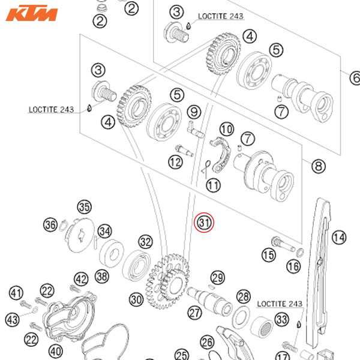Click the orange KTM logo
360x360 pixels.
click(x=31, y=13)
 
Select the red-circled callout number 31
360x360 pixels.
click(x=205, y=223)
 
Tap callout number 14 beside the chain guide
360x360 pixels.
click(x=339, y=238)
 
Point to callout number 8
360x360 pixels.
click(x=317, y=166)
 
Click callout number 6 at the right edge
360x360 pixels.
click(x=355, y=77)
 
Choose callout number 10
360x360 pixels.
click(x=226, y=129)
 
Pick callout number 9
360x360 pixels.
click(x=193, y=112)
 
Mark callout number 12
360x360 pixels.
click(x=175, y=162)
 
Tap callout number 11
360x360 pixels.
click(x=214, y=185)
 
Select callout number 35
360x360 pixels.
click(x=84, y=208)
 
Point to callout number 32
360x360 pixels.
click(x=145, y=242)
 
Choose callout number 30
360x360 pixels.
click(x=136, y=299)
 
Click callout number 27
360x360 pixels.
click(x=194, y=312)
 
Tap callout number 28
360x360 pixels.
click(x=243, y=296)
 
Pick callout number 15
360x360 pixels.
click(x=268, y=256)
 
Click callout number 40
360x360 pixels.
click(x=55, y=351)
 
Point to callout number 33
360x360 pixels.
click(x=281, y=319)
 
